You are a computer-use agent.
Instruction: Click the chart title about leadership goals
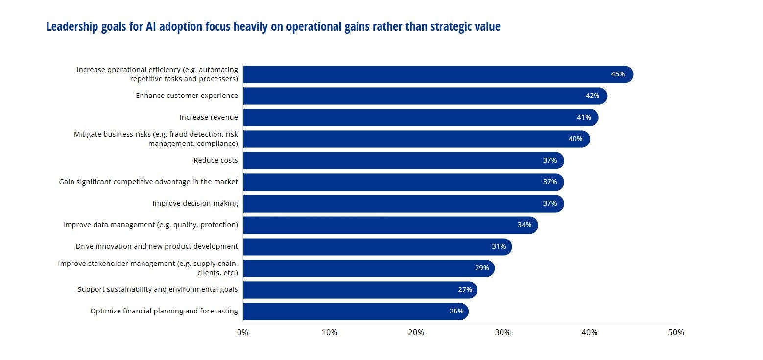[x=273, y=27]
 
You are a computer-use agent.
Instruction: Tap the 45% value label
[x=618, y=74]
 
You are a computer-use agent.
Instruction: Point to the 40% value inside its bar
[x=575, y=139]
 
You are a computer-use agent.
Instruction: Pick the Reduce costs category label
[x=215, y=160]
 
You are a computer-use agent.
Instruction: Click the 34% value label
[x=524, y=225]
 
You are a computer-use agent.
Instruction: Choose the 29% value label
[x=481, y=268]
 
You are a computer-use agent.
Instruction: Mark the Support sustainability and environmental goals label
[x=158, y=289]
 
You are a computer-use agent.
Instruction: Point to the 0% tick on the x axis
[x=242, y=333]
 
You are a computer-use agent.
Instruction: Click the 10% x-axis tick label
[x=329, y=333]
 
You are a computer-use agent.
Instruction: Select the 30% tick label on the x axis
[x=502, y=333]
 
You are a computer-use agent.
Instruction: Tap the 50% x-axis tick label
[x=676, y=333]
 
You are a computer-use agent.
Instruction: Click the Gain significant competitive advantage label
[x=148, y=182]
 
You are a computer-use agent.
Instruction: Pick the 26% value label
[x=456, y=312]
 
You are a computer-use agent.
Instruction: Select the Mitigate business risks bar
[x=416, y=139]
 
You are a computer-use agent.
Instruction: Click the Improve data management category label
[x=150, y=225]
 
